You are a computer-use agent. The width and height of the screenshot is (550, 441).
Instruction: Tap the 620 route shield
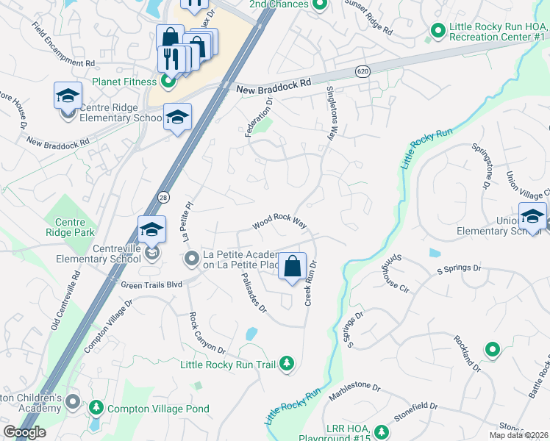tap(361, 71)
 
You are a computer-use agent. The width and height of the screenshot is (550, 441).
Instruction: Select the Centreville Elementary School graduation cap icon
tap(151, 229)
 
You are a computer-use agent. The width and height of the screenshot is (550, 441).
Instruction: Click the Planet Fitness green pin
tap(167, 82)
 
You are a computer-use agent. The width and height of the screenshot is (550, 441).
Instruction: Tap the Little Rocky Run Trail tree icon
tap(287, 364)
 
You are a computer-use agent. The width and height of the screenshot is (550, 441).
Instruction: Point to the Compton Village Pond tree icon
tap(96, 408)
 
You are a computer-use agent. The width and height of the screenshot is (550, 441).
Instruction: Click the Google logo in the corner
tap(24, 431)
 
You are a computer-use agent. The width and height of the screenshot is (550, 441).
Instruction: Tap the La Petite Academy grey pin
tap(192, 258)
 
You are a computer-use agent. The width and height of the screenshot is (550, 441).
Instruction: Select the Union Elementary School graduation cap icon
tap(531, 216)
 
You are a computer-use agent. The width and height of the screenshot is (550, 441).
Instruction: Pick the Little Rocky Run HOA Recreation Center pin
tap(438, 31)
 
